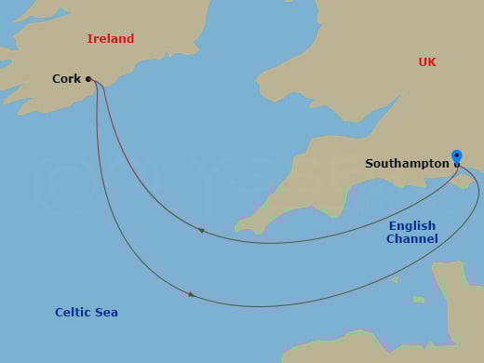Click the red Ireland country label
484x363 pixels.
click(x=111, y=39)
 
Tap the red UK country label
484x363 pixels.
click(x=427, y=62)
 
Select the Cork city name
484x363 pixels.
click(x=66, y=79)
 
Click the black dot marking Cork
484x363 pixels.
click(x=88, y=79)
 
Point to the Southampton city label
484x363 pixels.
click(x=407, y=164)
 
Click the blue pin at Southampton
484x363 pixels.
click(x=456, y=156)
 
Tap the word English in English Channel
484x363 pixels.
click(x=412, y=226)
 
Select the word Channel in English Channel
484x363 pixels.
click(x=412, y=239)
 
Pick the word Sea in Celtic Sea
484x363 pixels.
click(x=106, y=313)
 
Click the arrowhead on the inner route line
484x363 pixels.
click(x=200, y=230)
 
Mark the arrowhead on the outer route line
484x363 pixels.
click(x=191, y=294)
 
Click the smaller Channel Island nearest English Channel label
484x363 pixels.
click(x=394, y=278)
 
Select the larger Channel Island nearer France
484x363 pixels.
click(x=420, y=300)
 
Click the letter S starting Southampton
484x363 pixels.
click(x=370, y=164)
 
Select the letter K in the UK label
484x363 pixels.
click(x=432, y=62)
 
